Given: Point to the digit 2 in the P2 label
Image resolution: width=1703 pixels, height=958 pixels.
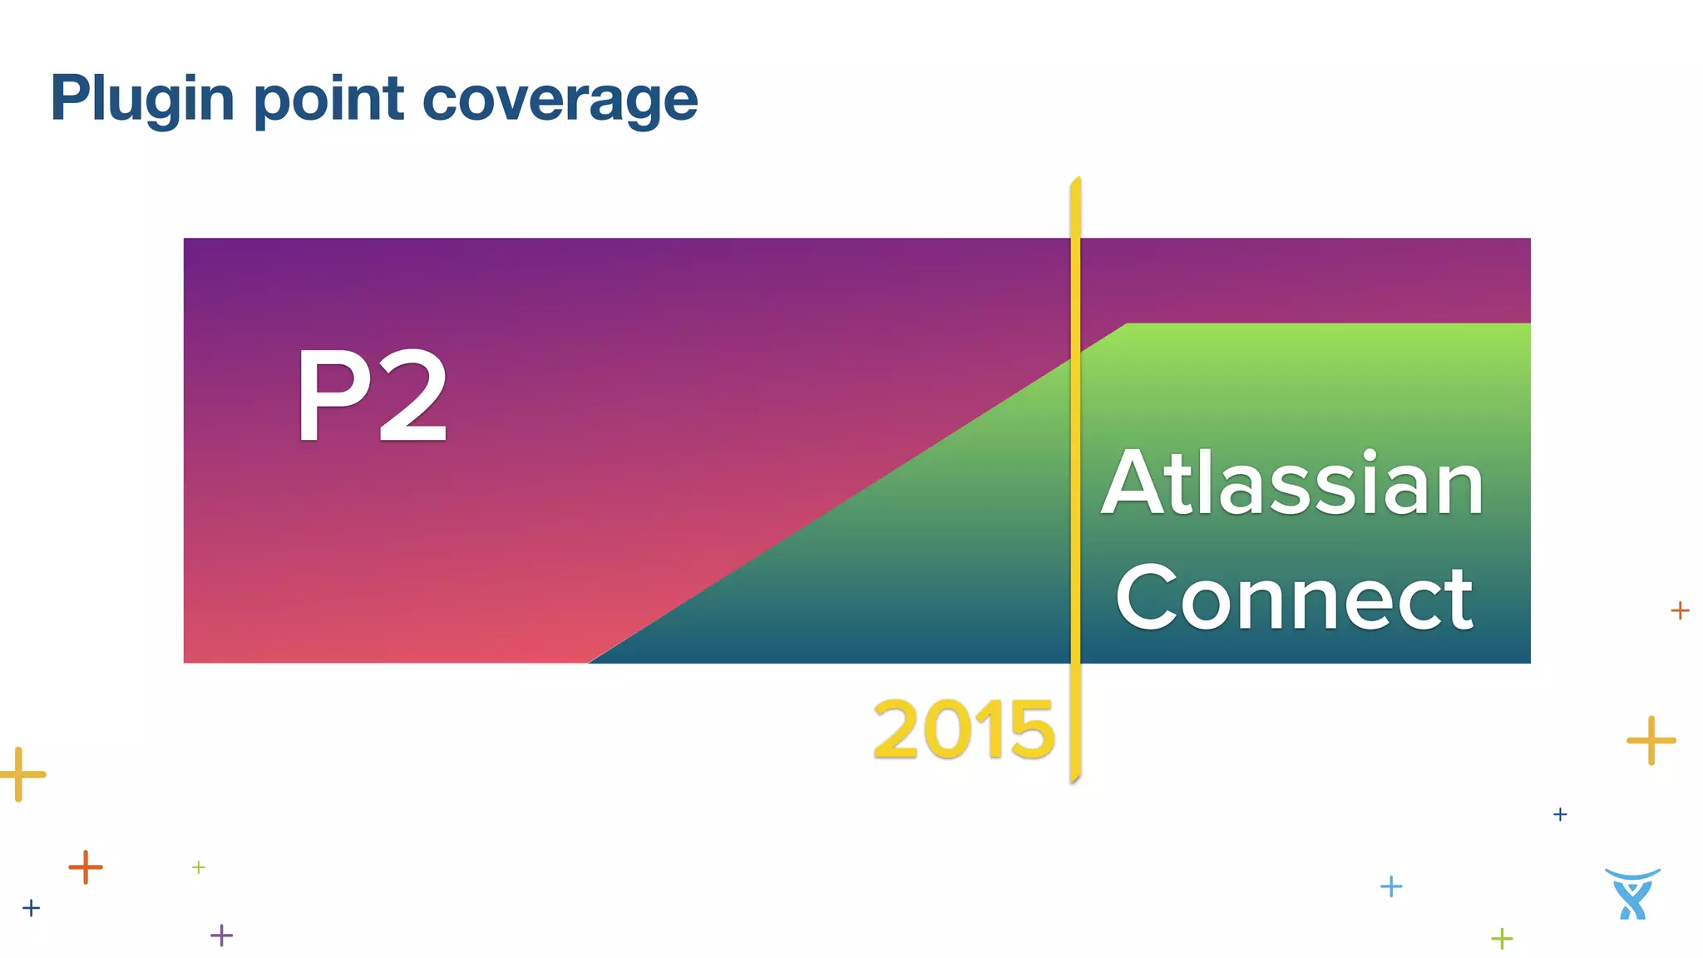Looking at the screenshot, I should click(413, 396).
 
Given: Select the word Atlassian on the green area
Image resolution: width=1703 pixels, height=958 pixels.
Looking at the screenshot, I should click(1293, 483).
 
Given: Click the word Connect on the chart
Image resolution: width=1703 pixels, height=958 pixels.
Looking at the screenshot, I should click(1294, 598).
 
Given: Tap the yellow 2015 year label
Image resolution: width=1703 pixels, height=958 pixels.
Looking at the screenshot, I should click(964, 730).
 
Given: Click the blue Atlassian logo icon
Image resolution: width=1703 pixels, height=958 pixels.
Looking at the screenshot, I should click(1632, 894).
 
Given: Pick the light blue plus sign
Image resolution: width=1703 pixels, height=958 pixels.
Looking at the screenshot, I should click(1391, 886).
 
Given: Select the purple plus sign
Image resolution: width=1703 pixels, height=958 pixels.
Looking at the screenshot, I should click(221, 936).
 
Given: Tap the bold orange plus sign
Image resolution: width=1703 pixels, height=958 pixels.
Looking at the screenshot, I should click(85, 867).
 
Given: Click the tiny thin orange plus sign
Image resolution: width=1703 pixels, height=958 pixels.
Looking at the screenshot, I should click(1680, 610).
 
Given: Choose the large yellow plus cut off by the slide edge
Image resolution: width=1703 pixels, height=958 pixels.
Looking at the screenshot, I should click(19, 774).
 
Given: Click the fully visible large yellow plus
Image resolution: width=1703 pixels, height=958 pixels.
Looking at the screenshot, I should click(1651, 739).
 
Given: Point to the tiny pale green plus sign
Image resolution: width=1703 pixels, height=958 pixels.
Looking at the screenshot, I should click(199, 867).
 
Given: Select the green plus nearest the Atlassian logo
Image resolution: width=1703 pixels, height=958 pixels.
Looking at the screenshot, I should click(1502, 939).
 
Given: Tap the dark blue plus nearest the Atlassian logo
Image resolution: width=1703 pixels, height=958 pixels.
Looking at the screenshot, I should click(1560, 814).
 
